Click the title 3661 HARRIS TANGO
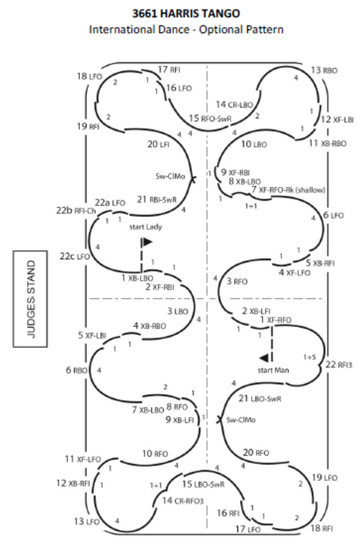186,14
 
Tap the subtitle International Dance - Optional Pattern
186,30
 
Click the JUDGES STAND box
31,299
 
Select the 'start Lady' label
145,227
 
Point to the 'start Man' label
273,370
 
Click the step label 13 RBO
324,70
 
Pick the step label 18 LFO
89,76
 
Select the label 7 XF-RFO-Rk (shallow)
289,190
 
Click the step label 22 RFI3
338,364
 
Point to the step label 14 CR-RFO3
182,501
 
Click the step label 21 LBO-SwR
260,399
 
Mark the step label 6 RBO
76,370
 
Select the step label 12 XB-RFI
73,483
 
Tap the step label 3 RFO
237,282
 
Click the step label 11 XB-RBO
327,144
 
